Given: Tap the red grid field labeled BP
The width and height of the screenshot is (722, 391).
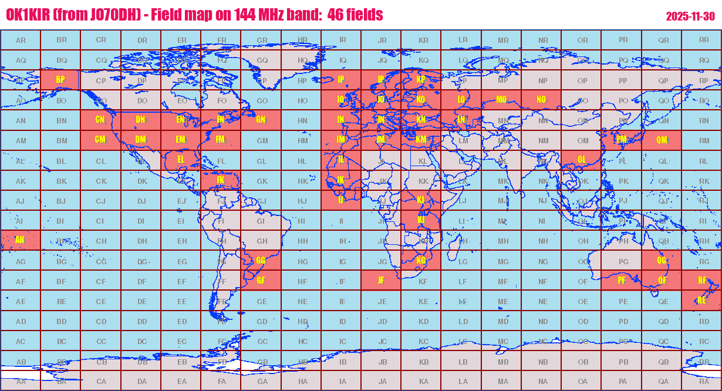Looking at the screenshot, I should click(x=60, y=80).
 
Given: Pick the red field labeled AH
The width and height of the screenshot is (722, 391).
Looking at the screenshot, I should click(x=21, y=240).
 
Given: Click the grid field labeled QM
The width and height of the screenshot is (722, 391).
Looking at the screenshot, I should click(x=662, y=140).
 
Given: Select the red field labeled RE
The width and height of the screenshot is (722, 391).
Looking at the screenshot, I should click(x=701, y=301).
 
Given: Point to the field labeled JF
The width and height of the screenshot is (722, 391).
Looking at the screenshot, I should click(x=381, y=281).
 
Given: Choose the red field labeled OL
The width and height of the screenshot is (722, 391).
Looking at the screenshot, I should click(x=581, y=160).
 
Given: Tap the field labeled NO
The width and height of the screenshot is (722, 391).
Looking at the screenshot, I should click(x=541, y=100).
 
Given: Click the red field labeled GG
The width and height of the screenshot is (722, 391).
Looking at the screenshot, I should click(x=261, y=260).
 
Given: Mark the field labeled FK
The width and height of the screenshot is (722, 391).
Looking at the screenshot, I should click(x=221, y=180).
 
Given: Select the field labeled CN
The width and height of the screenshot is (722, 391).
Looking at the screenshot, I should click(x=100, y=120).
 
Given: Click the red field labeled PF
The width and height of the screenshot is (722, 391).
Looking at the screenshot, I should click(x=622, y=281).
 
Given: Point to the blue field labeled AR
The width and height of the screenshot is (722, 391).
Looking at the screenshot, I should click(x=21, y=40).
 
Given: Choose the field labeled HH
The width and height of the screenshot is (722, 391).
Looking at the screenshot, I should click(x=302, y=241).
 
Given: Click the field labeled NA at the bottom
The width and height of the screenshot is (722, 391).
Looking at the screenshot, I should click(x=542, y=381).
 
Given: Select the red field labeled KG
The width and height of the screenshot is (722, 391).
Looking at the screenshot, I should click(x=421, y=260).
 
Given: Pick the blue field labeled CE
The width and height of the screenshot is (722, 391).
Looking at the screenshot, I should click(x=101, y=302).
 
